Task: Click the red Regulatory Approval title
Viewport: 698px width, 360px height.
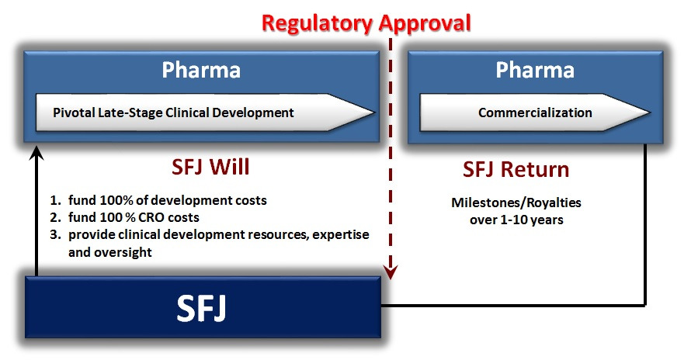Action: pyautogui.click(x=366, y=22)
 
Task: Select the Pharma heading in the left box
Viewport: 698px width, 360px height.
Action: pyautogui.click(x=201, y=70)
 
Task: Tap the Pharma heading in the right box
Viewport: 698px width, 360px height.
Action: pyautogui.click(x=535, y=70)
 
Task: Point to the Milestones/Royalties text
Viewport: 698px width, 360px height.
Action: pyautogui.click(x=516, y=203)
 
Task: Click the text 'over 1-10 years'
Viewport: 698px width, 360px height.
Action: pyautogui.click(x=516, y=220)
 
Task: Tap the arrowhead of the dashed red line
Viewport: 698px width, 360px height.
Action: pyautogui.click(x=392, y=272)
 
